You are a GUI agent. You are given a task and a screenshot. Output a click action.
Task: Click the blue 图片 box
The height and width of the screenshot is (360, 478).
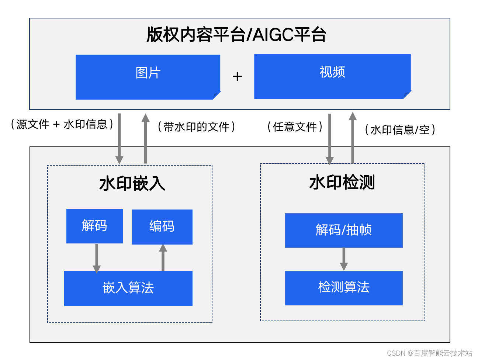click(148, 77)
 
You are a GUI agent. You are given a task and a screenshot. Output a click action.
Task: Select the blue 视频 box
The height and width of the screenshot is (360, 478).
click(332, 76)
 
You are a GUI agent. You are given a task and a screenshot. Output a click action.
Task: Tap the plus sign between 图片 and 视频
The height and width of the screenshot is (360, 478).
click(237, 77)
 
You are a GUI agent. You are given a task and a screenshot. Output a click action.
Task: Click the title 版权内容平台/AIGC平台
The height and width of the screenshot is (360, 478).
click(236, 35)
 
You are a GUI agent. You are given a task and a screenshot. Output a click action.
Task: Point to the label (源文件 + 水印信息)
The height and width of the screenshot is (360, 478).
click(62, 124)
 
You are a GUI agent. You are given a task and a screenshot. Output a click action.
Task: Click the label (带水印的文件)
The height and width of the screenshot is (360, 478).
click(196, 127)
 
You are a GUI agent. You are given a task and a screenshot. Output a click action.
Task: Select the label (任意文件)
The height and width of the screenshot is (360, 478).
click(295, 127)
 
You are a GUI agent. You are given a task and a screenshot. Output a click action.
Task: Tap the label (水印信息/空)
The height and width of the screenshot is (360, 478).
click(400, 130)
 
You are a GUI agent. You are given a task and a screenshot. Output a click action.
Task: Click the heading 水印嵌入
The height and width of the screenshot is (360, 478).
click(132, 183)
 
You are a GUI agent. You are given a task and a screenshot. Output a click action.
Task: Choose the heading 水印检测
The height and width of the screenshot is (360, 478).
click(342, 183)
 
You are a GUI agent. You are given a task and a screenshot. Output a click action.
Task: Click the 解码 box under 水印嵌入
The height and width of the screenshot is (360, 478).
click(94, 226)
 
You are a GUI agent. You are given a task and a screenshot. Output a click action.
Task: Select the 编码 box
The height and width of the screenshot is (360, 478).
click(162, 226)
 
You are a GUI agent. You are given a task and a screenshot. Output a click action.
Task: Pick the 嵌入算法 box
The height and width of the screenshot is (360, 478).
click(128, 288)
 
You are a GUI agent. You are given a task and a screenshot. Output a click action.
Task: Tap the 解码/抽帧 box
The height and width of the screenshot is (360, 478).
click(343, 230)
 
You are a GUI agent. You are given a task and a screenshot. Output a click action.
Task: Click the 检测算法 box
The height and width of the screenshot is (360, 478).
click(343, 288)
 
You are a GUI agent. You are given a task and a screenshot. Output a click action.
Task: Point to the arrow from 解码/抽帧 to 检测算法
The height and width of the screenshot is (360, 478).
click(344, 259)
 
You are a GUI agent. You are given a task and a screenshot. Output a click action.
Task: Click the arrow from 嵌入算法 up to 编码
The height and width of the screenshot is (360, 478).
click(163, 257)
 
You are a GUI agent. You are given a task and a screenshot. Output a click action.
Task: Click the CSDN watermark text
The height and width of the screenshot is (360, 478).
click(429, 353)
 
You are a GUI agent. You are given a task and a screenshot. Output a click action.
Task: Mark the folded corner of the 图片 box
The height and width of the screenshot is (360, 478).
click(217, 96)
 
